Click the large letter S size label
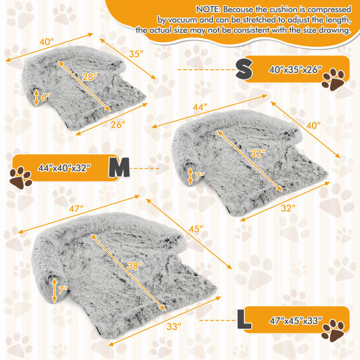pos(243,68)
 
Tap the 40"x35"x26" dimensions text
pos(295,70)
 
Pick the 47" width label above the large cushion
pos(75,207)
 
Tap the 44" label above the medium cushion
pos(201,108)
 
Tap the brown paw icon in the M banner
pos(22,178)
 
